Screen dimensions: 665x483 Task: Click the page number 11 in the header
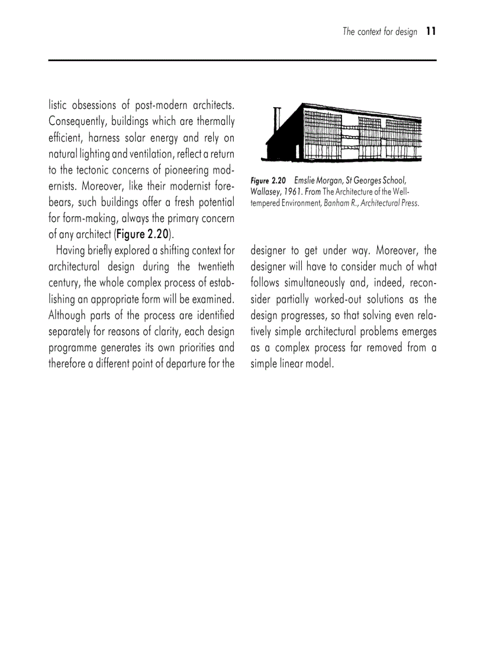(x=430, y=32)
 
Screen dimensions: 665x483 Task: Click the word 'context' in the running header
(x=372, y=32)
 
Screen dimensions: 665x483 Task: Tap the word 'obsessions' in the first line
(x=95, y=106)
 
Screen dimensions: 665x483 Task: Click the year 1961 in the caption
(x=296, y=192)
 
